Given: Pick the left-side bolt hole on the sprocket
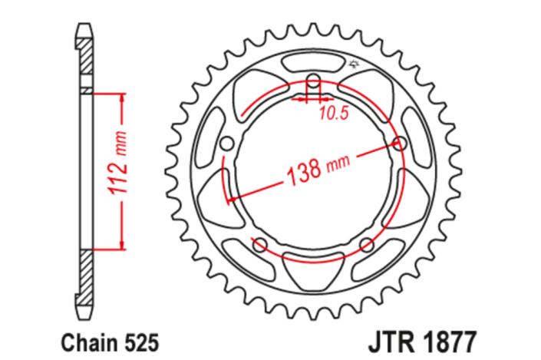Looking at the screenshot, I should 225,144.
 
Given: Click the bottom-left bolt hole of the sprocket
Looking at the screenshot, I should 259,245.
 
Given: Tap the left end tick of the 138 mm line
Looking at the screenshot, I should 228,201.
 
